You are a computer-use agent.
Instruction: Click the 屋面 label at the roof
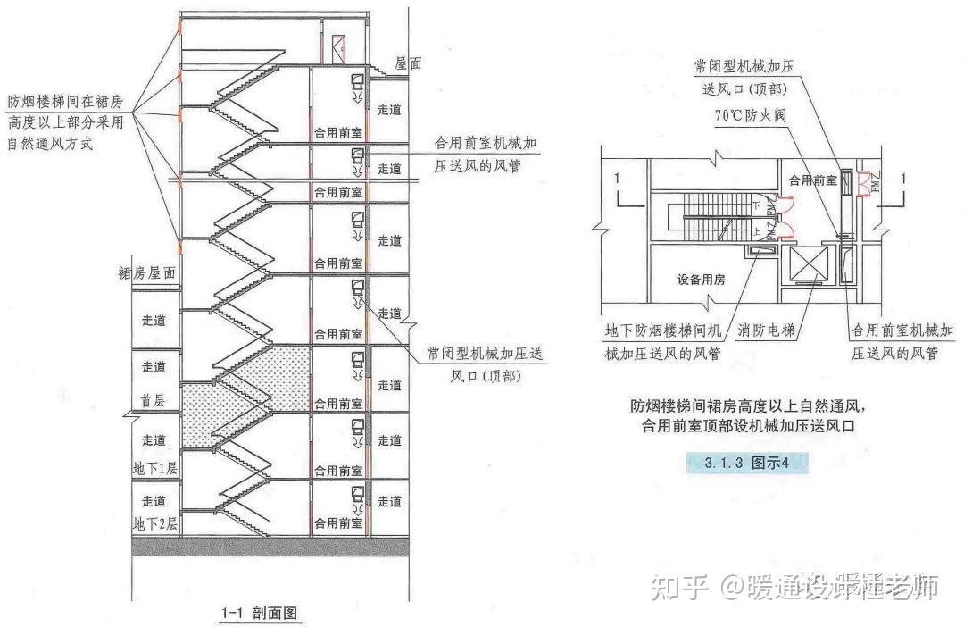pos(408,64)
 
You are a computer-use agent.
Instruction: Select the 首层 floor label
pos(154,401)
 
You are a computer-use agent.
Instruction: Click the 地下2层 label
pos(155,524)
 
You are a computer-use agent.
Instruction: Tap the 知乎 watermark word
pos(679,587)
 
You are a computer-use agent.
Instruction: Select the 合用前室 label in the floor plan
pos(812,180)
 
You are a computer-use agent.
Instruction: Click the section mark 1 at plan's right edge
pos(903,179)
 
